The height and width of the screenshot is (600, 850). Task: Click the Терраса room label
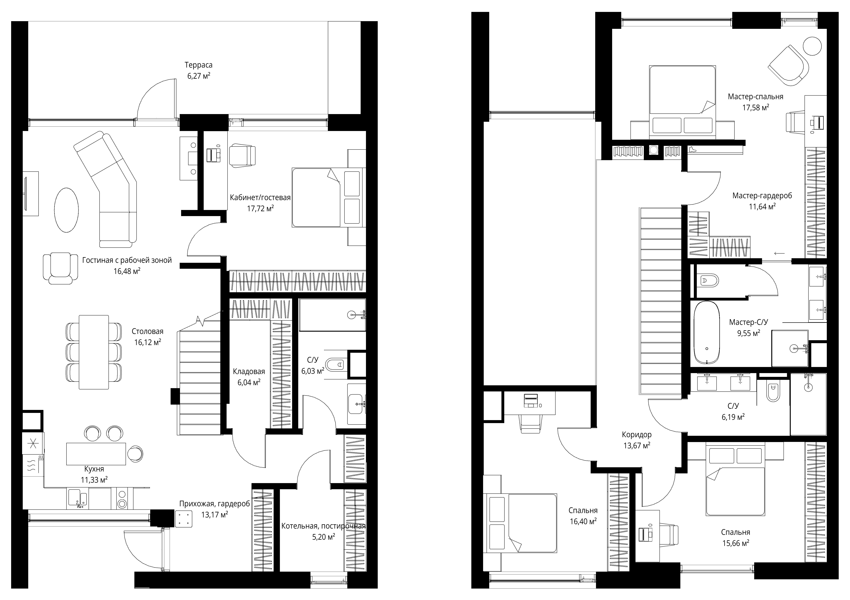tap(199, 65)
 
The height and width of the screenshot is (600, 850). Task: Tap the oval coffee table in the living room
tap(67, 210)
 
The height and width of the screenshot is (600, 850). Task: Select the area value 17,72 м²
tap(260, 208)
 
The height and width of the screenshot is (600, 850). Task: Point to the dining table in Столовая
tap(94, 352)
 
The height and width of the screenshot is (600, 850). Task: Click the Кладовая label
tap(249, 371)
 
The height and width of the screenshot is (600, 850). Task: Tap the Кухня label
tap(94, 469)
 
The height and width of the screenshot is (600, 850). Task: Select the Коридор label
tap(637, 435)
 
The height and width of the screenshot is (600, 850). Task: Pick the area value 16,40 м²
tap(583, 521)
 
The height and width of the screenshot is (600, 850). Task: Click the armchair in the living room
tap(60, 268)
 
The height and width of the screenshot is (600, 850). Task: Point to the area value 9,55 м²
tap(749, 333)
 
